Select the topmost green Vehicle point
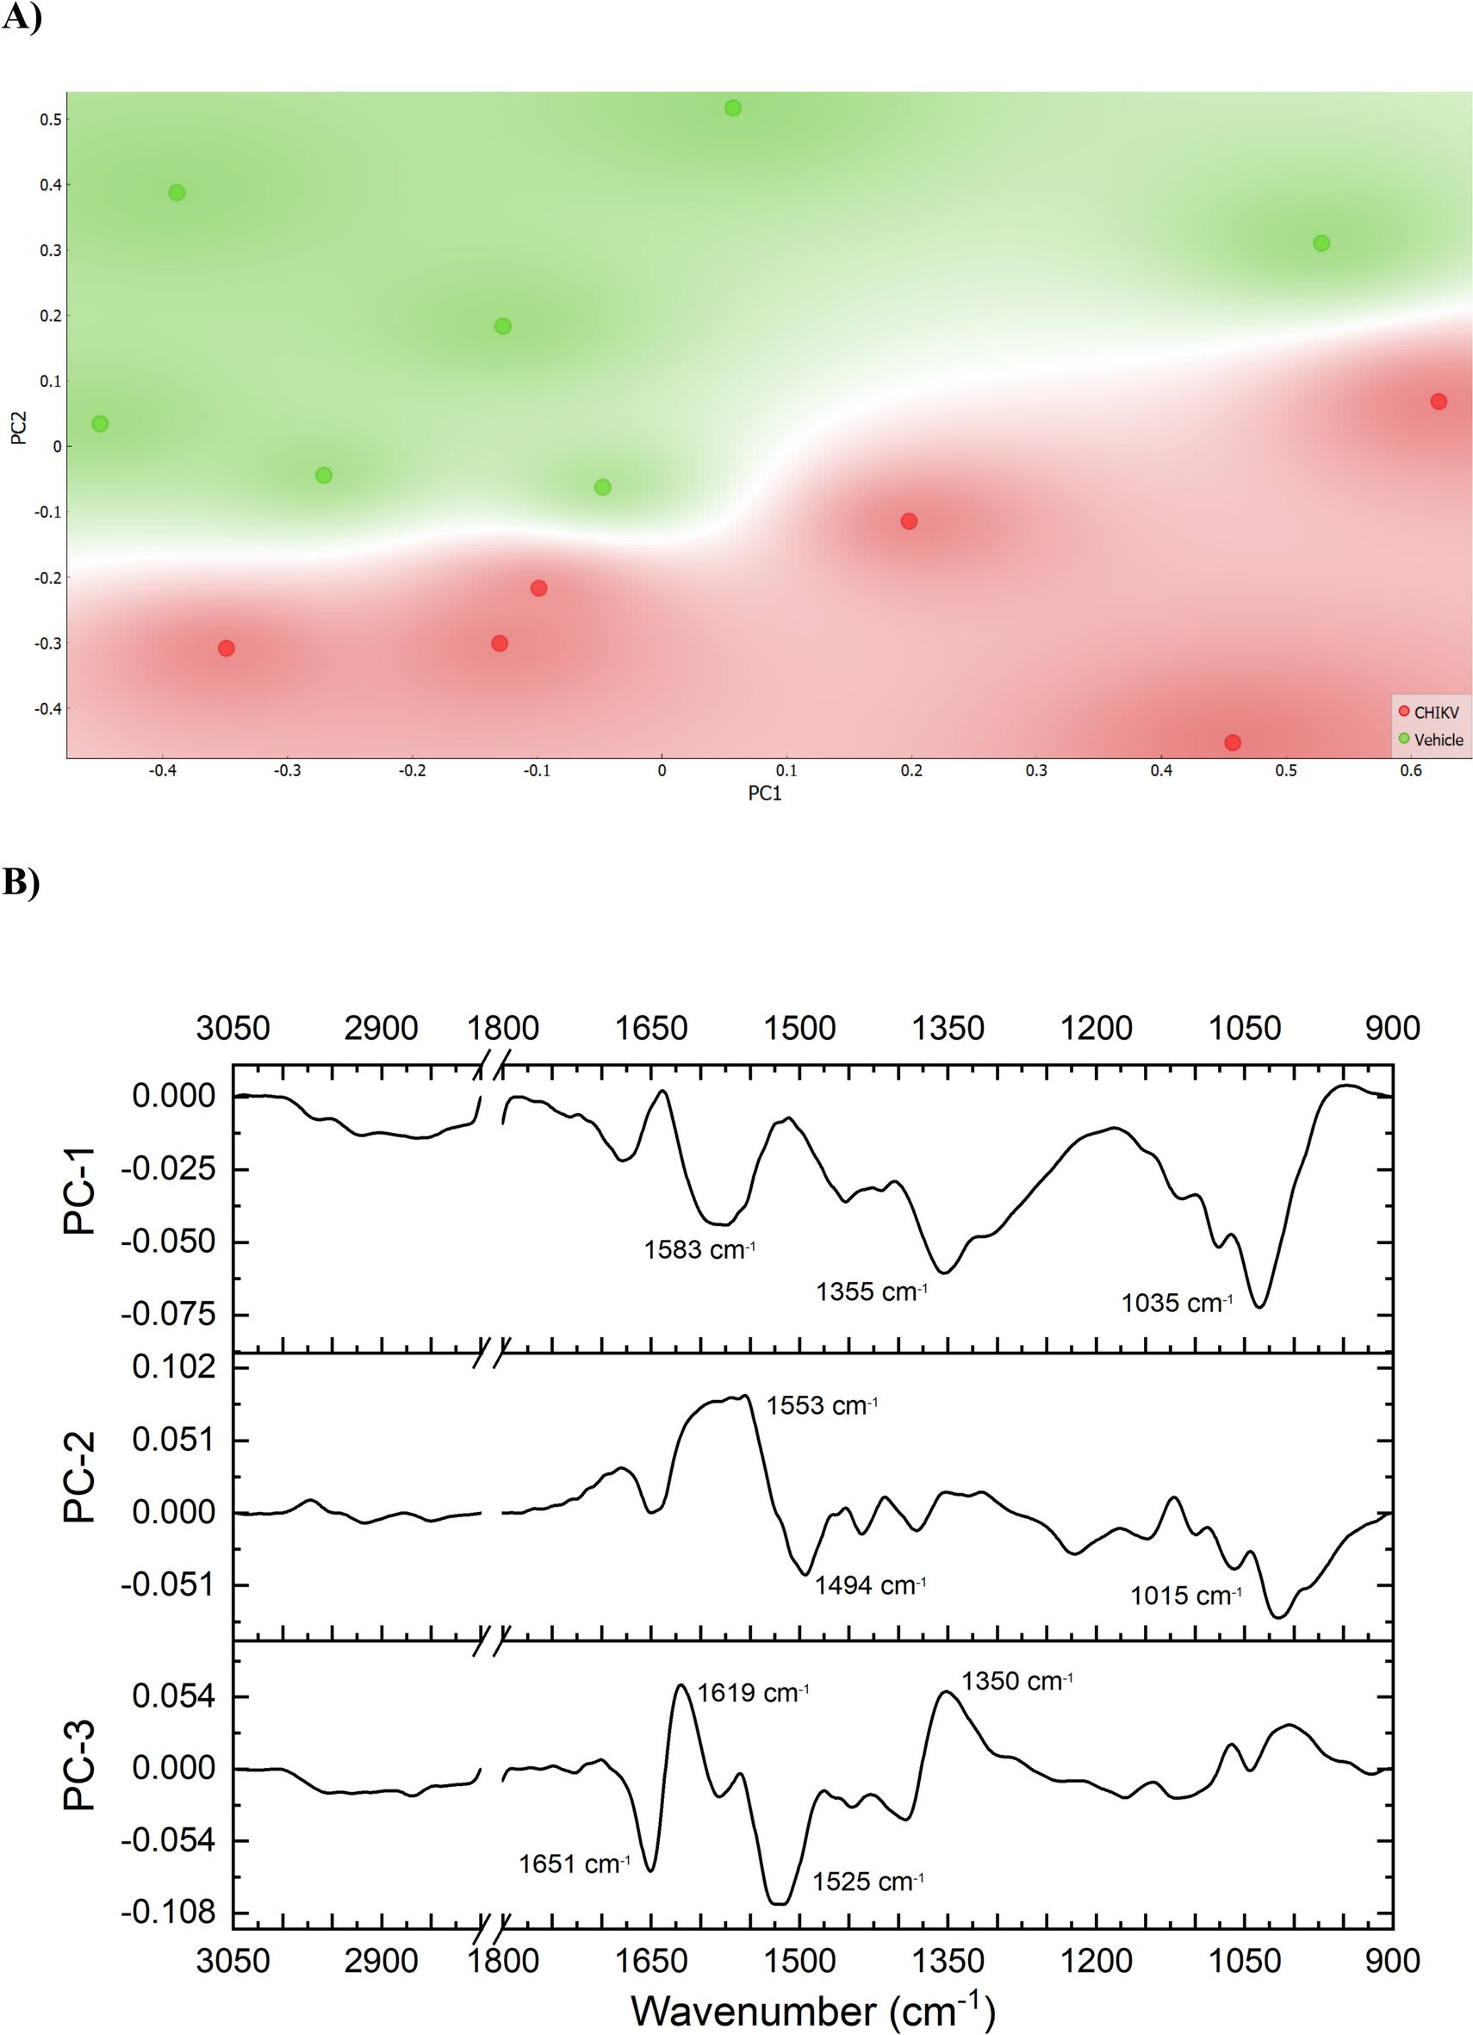click(733, 109)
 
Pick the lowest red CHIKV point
click(1233, 743)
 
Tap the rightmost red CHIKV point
click(1439, 402)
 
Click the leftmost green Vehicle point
click(101, 424)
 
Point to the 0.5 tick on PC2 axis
click(50, 120)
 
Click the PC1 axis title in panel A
click(765, 794)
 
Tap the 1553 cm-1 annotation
click(822, 1405)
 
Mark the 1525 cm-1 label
click(867, 1882)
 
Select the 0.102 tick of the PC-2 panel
click(174, 1367)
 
